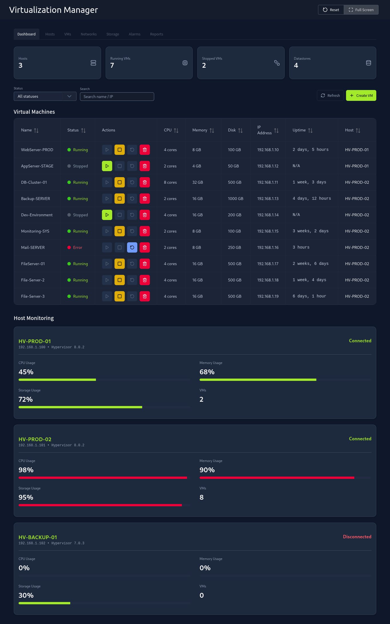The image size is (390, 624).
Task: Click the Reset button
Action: [331, 10]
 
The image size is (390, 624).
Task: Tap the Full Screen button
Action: [361, 10]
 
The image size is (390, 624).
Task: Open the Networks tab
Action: [89, 34]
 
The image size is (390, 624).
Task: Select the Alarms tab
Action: [134, 34]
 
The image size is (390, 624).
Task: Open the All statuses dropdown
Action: [45, 96]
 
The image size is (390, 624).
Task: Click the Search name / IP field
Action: [117, 97]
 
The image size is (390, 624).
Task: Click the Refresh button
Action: [330, 95]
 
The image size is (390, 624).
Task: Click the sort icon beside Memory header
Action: [212, 131]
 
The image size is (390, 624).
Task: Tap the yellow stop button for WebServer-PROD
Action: [120, 150]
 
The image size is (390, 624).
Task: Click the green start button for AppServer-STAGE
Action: [107, 166]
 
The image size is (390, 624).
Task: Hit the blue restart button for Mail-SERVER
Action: [132, 247]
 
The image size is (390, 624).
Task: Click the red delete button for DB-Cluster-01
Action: [145, 182]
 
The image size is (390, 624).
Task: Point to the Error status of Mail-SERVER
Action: [77, 247]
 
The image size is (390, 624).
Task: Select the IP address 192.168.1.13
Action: [268, 199]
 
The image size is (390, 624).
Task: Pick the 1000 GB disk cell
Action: [236, 199]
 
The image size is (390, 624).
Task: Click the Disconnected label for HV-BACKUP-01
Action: [357, 537]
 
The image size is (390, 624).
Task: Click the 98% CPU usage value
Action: [26, 470]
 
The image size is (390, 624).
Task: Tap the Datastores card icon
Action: [369, 63]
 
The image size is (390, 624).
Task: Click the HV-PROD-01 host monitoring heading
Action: [35, 341]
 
